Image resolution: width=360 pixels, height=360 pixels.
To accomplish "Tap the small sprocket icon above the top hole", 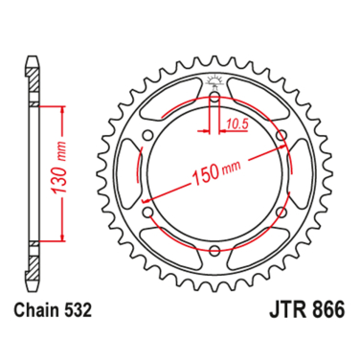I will coord(214,77).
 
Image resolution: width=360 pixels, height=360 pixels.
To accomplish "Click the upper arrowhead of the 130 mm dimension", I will coord(62,112).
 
